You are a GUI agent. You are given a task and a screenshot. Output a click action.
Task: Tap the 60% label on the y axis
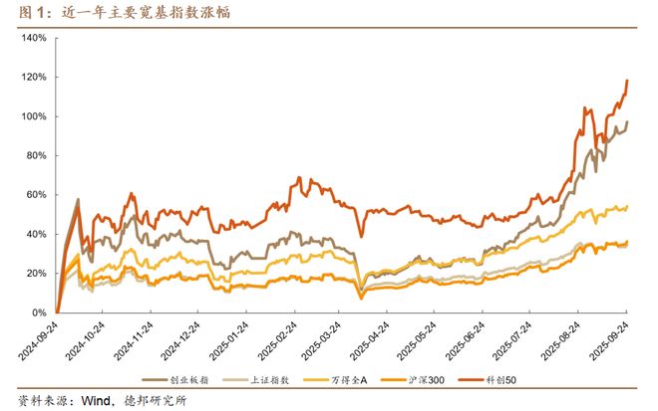36,195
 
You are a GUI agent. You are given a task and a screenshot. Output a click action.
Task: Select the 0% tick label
39,312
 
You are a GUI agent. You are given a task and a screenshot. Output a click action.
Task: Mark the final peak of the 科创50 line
627,81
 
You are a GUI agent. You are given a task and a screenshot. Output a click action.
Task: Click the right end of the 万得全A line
627,206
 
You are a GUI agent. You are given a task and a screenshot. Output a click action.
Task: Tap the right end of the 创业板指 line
627,121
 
